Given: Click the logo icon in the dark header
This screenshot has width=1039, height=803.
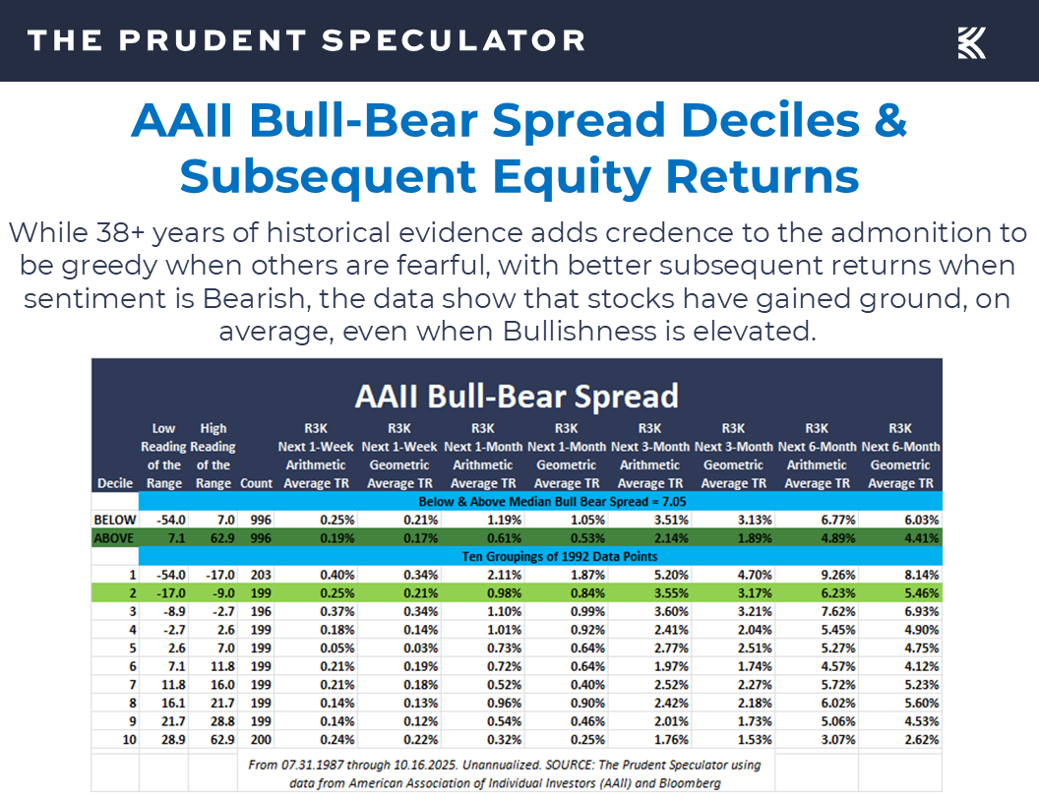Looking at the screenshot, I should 971,42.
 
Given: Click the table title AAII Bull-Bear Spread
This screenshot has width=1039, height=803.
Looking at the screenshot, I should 517,396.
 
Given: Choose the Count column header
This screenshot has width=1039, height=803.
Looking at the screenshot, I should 257,483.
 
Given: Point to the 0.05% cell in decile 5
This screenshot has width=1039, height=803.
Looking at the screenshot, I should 311,649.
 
